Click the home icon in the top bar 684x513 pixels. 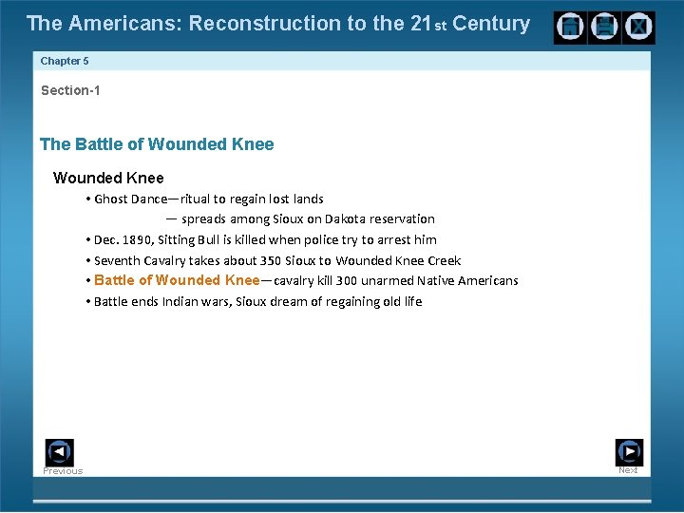click(x=570, y=28)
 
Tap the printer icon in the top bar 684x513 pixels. click(x=603, y=28)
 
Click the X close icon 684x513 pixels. click(x=638, y=28)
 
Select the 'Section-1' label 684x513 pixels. click(x=70, y=91)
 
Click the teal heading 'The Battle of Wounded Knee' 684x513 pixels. click(x=157, y=144)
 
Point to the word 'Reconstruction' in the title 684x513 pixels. click(x=252, y=24)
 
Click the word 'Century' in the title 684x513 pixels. click(x=491, y=24)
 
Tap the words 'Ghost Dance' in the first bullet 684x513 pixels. click(x=130, y=199)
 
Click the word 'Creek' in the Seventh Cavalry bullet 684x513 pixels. click(x=442, y=260)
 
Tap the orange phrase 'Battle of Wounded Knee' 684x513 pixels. click(x=177, y=280)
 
